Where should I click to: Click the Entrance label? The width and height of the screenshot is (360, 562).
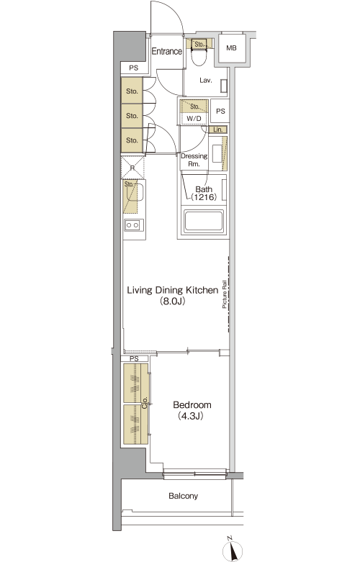point(167,51)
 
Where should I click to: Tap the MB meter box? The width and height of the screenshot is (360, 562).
point(232,47)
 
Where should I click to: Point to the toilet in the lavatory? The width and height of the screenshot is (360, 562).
point(199,56)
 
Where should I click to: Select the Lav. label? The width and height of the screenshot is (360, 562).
point(206,81)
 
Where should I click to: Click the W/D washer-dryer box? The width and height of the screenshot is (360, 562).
point(194,119)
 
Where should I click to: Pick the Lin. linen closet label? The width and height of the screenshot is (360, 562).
point(218,130)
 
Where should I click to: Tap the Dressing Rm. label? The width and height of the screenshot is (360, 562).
point(194,160)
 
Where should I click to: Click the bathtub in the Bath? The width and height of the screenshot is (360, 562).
point(203,221)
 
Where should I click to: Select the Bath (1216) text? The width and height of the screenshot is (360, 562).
point(203,193)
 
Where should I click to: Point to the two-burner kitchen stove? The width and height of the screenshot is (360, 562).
point(134,225)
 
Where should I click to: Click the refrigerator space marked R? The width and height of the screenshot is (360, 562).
point(133,168)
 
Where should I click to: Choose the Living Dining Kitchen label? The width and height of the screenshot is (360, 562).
point(173,290)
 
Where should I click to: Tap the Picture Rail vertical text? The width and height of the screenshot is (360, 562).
point(225,294)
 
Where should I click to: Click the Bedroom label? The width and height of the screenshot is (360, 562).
point(192,405)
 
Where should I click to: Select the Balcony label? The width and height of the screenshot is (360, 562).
point(183,496)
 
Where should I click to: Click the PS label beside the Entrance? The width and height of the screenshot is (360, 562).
point(134,68)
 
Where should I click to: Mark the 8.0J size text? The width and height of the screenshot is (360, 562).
point(173,302)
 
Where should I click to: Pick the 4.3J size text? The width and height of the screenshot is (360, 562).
point(190,416)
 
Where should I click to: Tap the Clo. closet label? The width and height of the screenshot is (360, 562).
point(145,403)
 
